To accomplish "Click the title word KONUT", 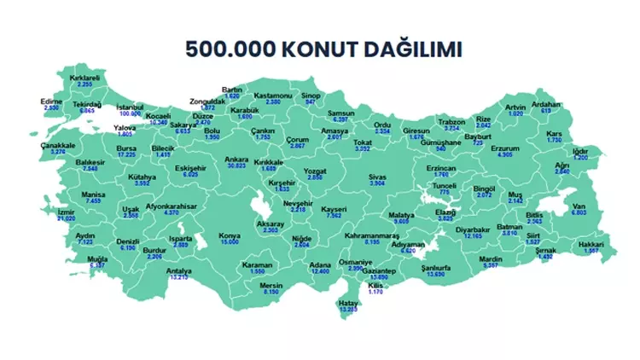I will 305,48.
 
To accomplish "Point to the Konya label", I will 230,235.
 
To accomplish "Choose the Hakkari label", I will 590,244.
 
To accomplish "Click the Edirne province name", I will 53,101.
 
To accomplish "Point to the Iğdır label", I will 580,151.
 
